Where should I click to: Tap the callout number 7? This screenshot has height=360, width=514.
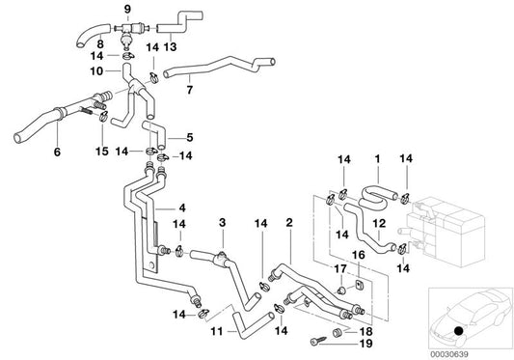(189, 90)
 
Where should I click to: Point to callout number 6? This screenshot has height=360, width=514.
(57, 152)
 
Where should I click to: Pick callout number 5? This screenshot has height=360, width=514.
(189, 137)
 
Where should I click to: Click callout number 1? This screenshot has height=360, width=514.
(377, 156)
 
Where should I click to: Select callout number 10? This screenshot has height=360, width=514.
(97, 70)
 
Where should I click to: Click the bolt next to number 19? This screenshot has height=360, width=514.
(318, 342)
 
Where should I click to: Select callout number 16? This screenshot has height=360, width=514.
(359, 255)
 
